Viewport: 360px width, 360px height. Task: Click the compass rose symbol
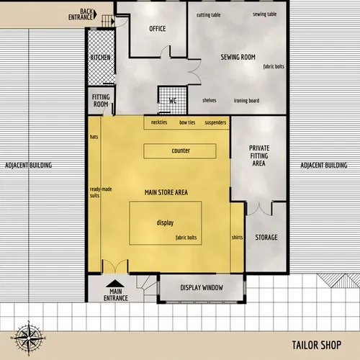point(27,337)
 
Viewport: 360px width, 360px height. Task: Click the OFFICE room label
point(158,29)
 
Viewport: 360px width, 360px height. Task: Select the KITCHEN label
point(100,58)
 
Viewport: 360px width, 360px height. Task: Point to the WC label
point(173,101)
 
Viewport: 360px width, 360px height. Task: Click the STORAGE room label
point(266,237)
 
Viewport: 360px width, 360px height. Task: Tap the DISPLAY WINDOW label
point(201,288)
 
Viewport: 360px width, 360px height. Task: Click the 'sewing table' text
point(264,14)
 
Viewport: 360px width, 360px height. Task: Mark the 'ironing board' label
point(246,100)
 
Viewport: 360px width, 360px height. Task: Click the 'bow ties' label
point(187,123)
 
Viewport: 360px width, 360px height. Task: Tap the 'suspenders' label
point(215,123)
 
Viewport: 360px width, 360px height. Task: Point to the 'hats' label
point(94,136)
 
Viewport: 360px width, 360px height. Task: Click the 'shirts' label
point(237,237)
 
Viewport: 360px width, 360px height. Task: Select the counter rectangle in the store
point(180,151)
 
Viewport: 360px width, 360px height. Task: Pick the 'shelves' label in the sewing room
point(210,100)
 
